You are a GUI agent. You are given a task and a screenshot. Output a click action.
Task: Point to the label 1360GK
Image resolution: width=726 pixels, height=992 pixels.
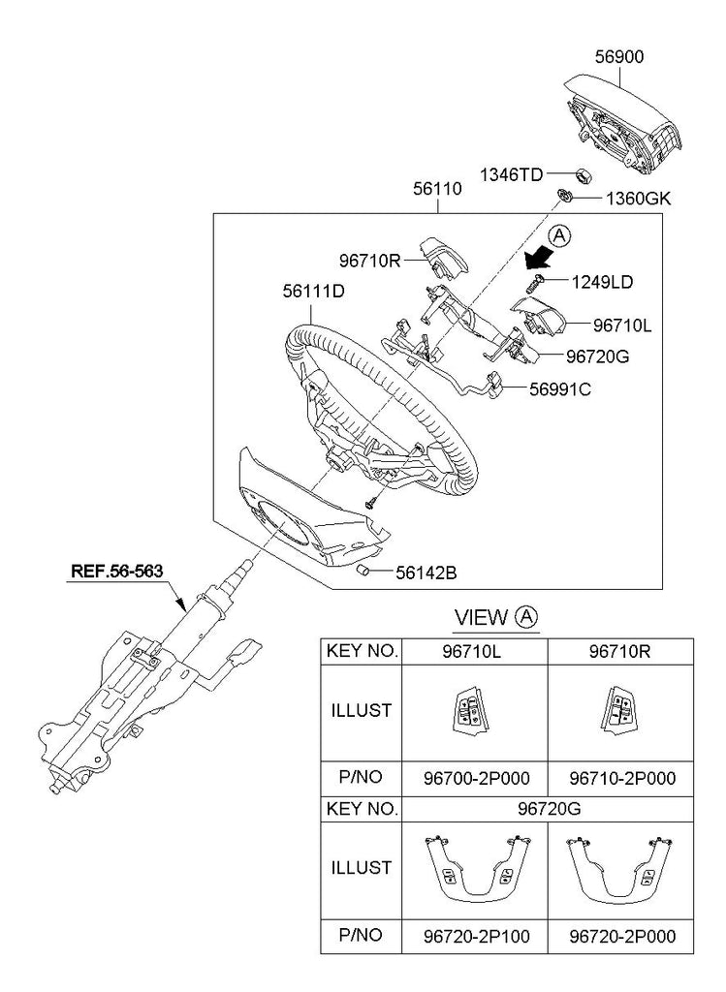638,199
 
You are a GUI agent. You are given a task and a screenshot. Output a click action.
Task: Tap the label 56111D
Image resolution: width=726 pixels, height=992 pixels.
314,289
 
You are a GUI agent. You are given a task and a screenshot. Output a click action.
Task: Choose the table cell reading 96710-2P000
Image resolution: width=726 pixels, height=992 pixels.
621,778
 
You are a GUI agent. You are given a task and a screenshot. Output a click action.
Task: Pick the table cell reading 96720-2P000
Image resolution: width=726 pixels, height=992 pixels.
621,936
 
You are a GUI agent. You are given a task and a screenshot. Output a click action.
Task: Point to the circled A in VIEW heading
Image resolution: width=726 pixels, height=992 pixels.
526,617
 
